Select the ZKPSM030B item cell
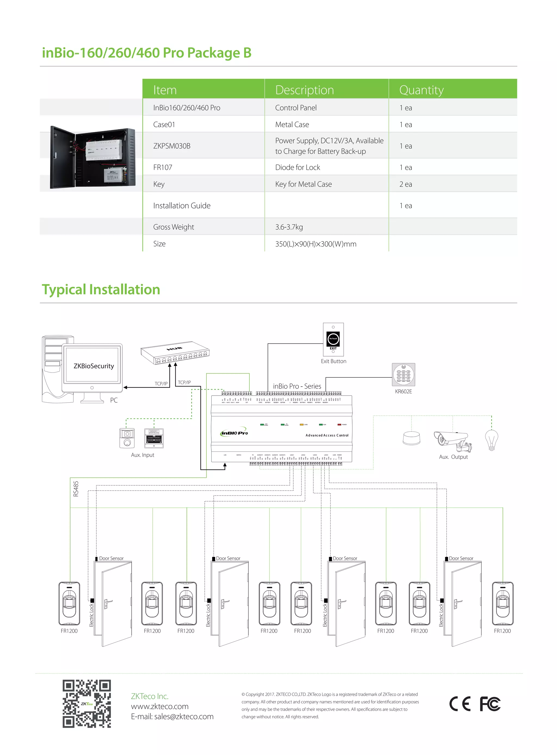coord(172,146)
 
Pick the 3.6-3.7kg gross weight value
coord(289,227)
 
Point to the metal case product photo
coord(92,157)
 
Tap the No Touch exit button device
coord(333,339)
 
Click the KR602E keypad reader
coord(403,374)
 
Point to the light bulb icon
coord(491,440)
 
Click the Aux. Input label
coord(142,455)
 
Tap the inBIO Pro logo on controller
coord(234,433)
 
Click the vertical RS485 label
coord(76,489)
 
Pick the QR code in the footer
coord(87,703)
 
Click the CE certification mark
coord(460,704)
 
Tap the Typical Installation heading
coord(101,290)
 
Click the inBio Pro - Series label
coord(297,386)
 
